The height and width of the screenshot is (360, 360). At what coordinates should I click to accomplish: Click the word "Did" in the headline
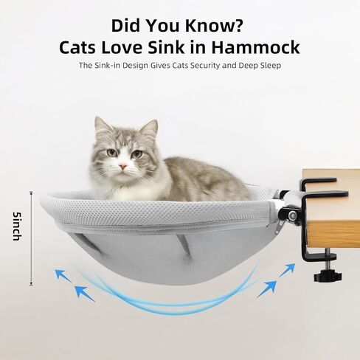pyautogui.click(x=127, y=24)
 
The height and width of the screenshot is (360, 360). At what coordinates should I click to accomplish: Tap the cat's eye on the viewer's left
pyautogui.click(x=112, y=153)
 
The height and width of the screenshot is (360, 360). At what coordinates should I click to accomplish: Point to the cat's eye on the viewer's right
pyautogui.click(x=136, y=153)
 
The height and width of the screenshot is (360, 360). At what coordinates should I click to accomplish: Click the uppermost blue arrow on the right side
pyautogui.click(x=287, y=269)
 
